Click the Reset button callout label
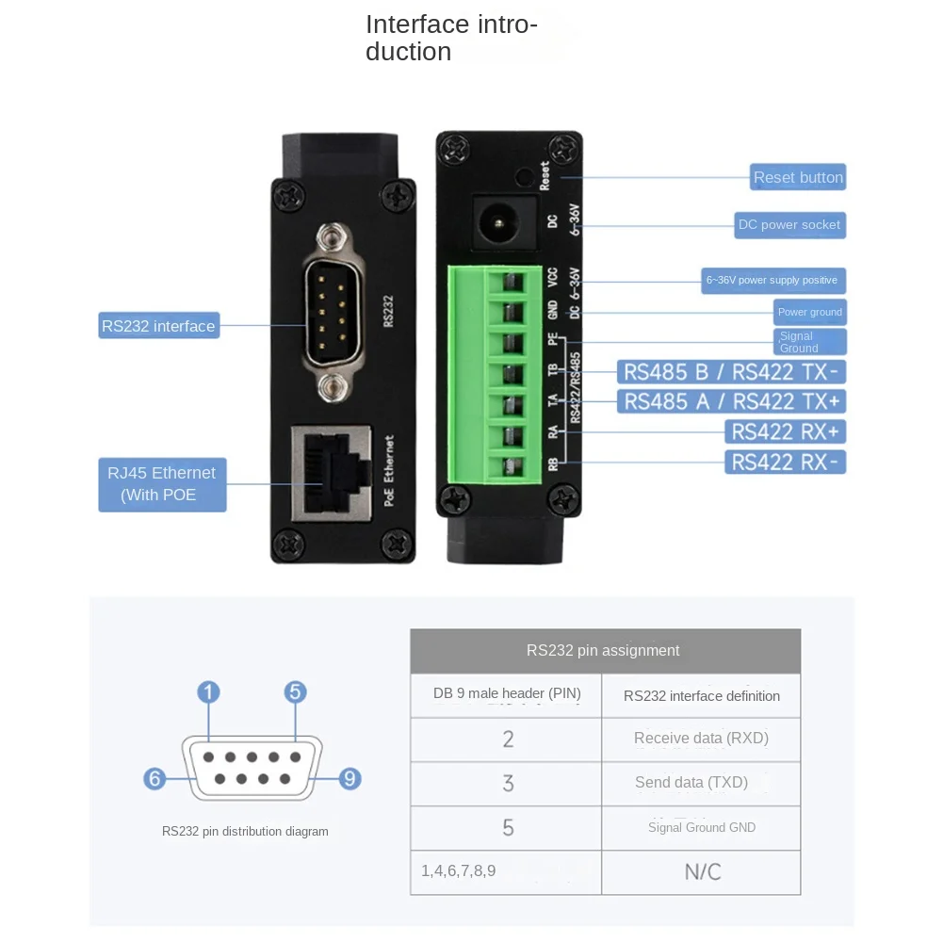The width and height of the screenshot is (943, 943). click(x=798, y=177)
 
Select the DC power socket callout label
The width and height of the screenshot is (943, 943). click(x=789, y=225)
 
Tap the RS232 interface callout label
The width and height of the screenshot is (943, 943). click(x=158, y=326)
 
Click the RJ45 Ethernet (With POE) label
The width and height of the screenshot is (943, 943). click(x=162, y=484)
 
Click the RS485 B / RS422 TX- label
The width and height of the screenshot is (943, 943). click(x=731, y=372)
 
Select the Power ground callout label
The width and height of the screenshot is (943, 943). click(x=809, y=312)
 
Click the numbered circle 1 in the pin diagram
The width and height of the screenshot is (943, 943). click(x=208, y=693)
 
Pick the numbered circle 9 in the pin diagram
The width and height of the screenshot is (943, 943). click(x=350, y=778)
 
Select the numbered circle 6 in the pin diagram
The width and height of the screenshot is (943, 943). click(x=155, y=779)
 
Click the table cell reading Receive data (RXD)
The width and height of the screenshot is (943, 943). click(x=701, y=739)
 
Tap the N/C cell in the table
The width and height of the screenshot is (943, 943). click(x=702, y=871)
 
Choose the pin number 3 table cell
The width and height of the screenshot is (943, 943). click(x=508, y=783)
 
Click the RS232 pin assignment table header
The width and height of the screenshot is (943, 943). click(x=603, y=650)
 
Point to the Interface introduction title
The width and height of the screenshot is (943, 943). click(x=450, y=38)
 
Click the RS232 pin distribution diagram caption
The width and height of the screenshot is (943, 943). click(x=245, y=831)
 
